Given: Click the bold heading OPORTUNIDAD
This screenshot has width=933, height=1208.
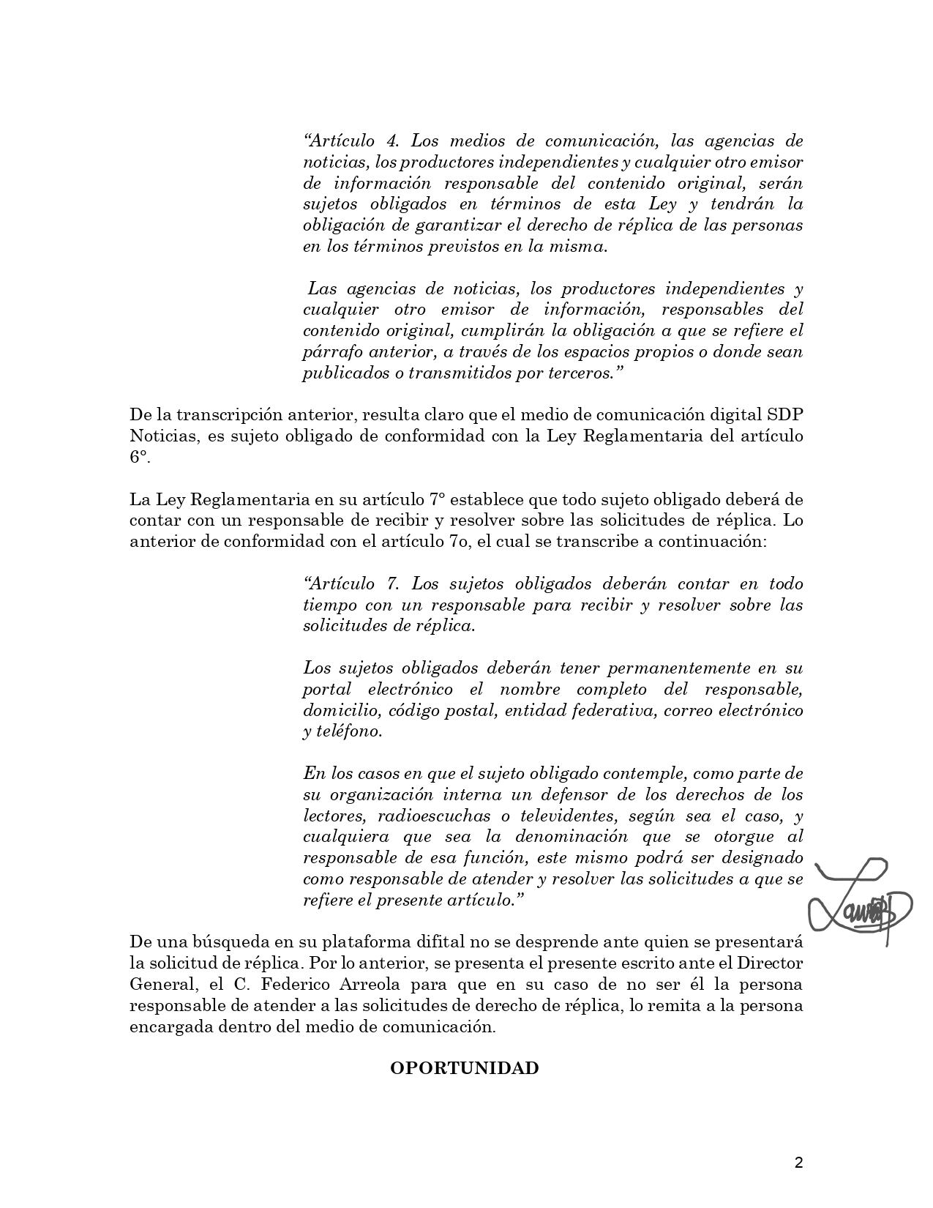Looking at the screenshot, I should [464, 1068].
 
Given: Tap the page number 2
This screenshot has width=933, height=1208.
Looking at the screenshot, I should [798, 1163].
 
